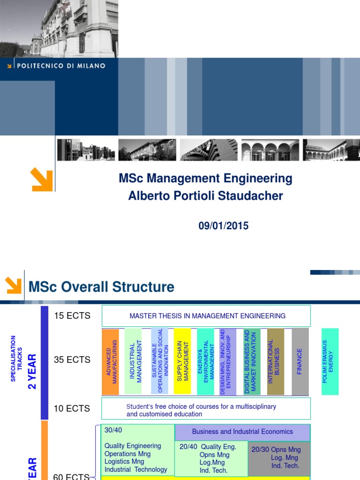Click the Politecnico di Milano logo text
click(61, 66)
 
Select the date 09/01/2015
click(223, 226)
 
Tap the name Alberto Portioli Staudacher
click(205, 196)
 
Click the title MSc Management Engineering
click(205, 179)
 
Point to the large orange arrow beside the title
click(42, 180)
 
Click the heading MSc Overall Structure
click(101, 287)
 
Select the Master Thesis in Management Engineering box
click(206, 316)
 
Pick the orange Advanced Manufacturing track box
click(111, 361)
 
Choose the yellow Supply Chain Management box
click(182, 361)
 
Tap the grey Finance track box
click(300, 361)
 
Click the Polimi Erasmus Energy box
click(330, 361)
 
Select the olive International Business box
click(276, 361)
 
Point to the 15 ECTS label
click(72, 315)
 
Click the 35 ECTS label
click(72, 360)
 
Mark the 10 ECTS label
click(72, 408)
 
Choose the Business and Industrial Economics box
click(242, 432)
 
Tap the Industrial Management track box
click(134, 361)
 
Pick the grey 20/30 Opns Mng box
click(279, 457)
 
